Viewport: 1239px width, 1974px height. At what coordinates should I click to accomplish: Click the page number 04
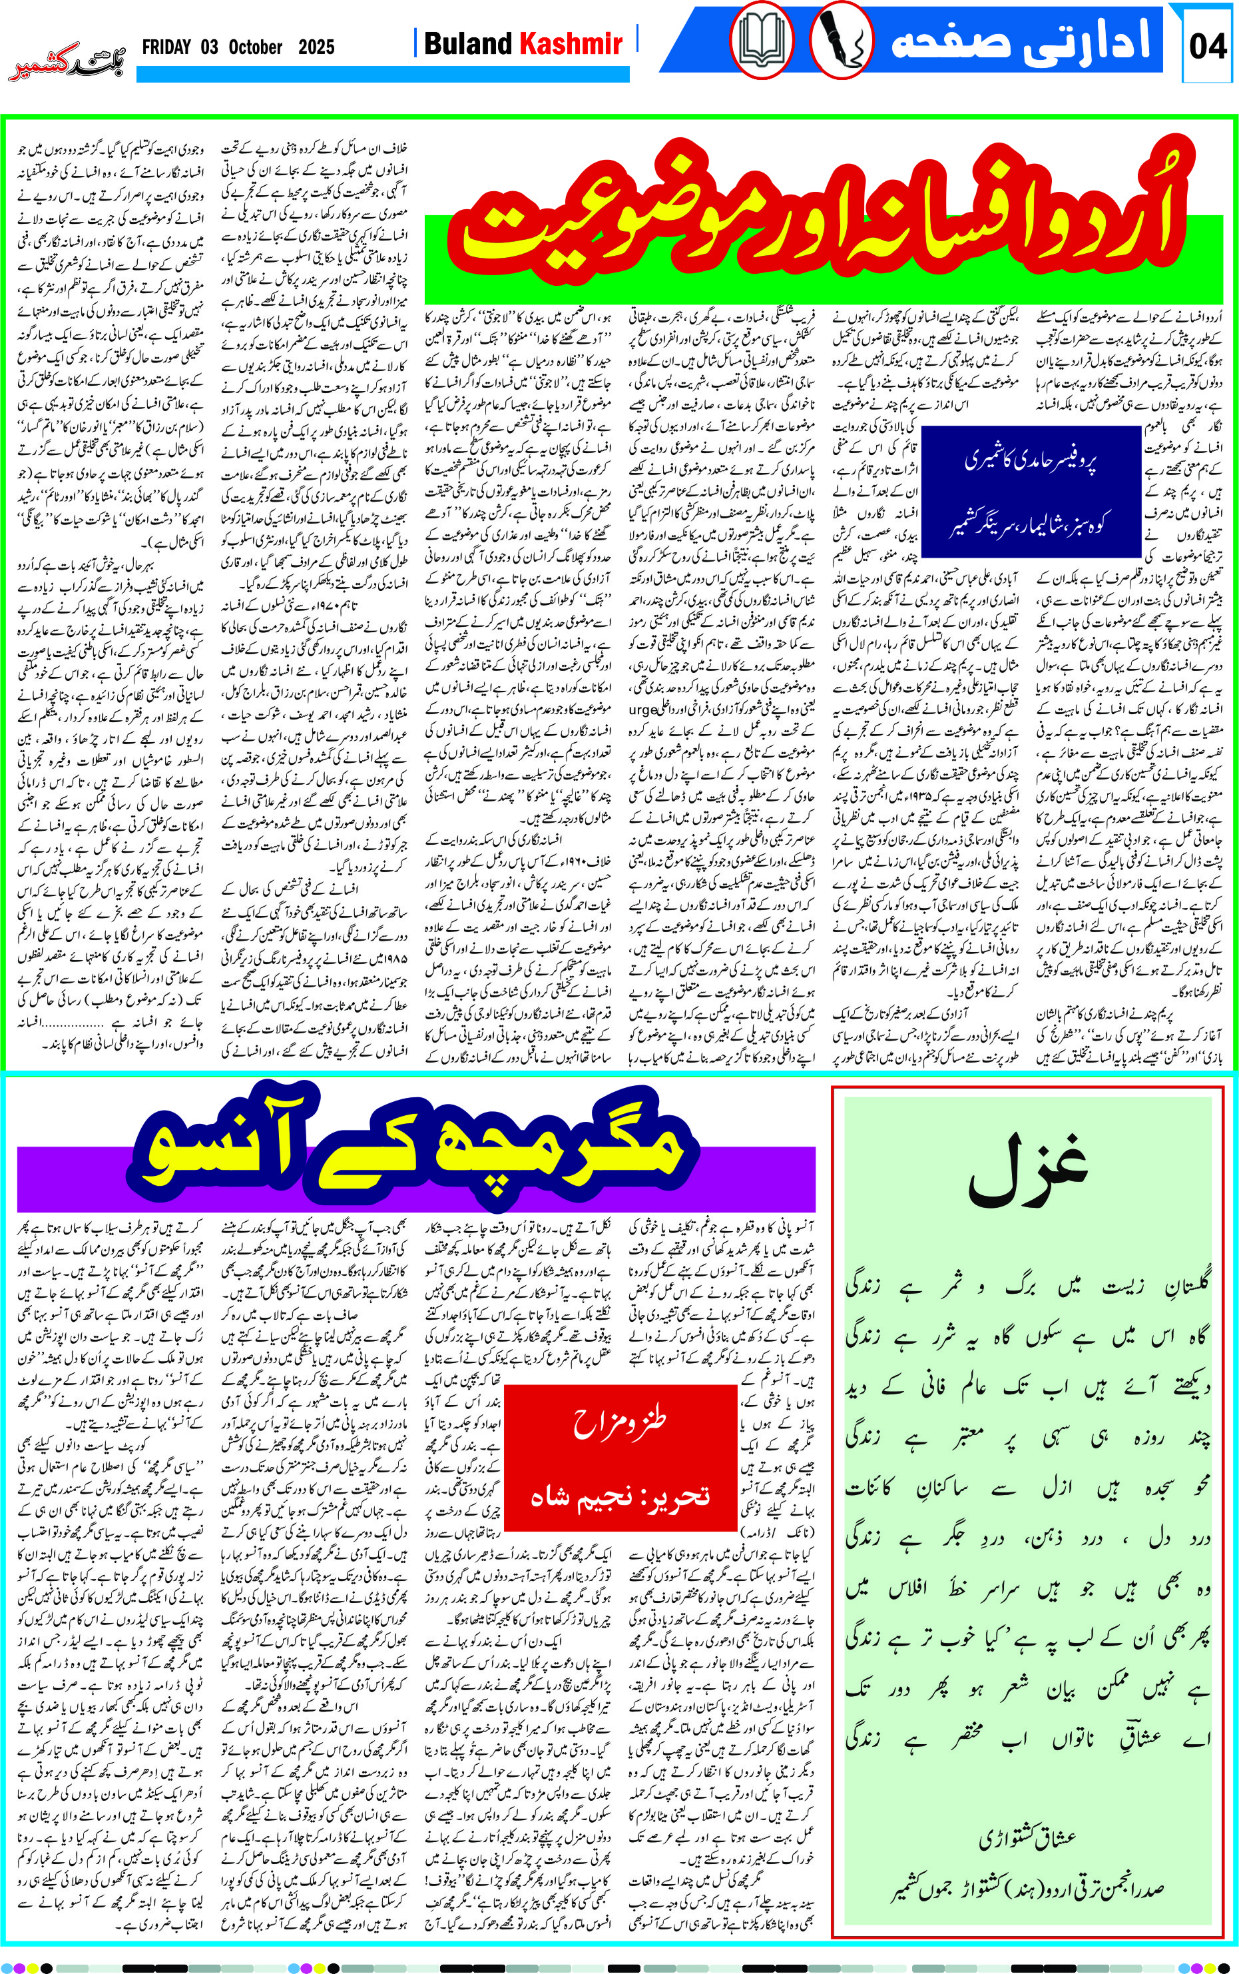(1207, 46)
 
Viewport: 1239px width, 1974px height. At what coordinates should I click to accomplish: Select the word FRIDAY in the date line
(166, 47)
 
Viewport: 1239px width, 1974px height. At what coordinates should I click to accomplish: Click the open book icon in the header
(761, 40)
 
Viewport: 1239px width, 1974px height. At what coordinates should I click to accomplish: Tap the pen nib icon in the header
(840, 40)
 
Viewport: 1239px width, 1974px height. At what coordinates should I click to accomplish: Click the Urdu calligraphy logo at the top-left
(65, 65)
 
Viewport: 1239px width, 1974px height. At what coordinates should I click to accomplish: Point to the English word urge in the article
(642, 710)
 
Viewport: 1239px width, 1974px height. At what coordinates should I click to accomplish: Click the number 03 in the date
(210, 47)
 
